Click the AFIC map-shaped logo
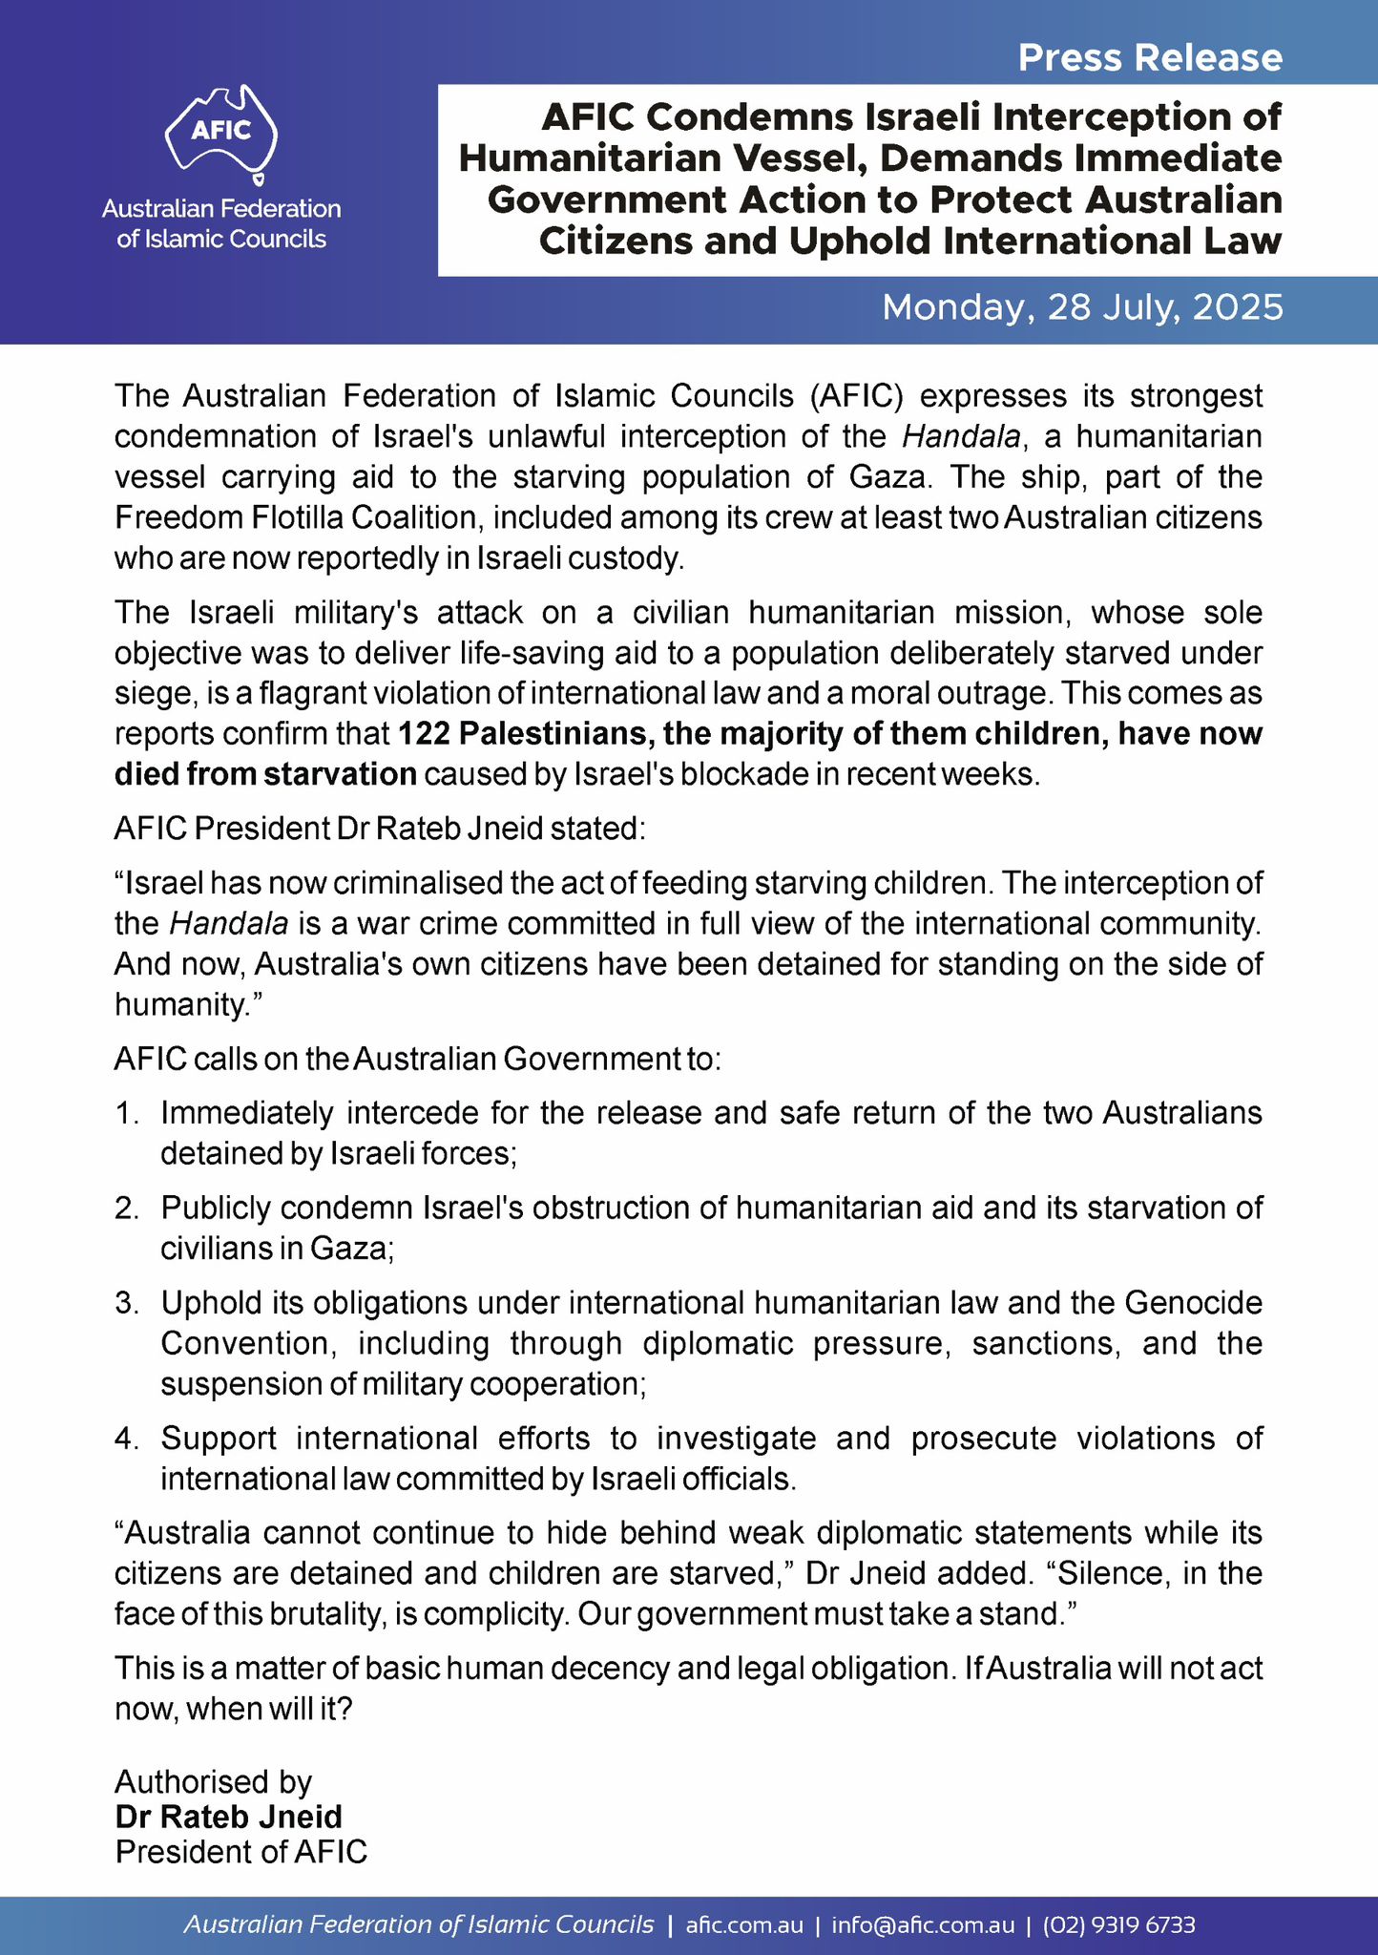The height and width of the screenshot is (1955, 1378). (x=221, y=134)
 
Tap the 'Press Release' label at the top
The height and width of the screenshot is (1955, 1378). (x=1150, y=58)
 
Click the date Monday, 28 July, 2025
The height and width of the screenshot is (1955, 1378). (x=1082, y=307)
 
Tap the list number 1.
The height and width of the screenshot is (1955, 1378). (x=127, y=1113)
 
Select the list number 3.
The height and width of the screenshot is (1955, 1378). (x=127, y=1302)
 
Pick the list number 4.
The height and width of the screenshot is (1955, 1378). (x=127, y=1438)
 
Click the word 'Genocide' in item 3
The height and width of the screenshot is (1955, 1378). (x=1194, y=1302)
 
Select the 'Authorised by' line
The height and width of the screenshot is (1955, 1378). (x=214, y=1782)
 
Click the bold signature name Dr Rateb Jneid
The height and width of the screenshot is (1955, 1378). (x=228, y=1817)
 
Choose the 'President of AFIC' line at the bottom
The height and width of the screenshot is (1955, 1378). (x=241, y=1852)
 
